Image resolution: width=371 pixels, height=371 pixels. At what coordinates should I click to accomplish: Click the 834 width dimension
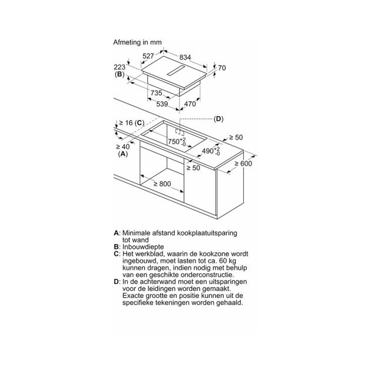pyautogui.click(x=185, y=57)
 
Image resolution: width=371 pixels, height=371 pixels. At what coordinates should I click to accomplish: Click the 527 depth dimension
pyautogui.click(x=148, y=56)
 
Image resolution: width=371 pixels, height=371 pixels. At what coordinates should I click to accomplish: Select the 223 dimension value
pyautogui.click(x=120, y=67)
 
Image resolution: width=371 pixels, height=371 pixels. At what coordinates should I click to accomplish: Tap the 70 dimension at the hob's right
pyautogui.click(x=222, y=68)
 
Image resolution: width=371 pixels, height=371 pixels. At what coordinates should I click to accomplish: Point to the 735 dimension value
pyautogui.click(x=157, y=93)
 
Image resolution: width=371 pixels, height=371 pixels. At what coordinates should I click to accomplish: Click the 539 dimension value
pyautogui.click(x=162, y=104)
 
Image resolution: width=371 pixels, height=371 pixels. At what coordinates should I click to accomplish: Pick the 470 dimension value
pyautogui.click(x=190, y=104)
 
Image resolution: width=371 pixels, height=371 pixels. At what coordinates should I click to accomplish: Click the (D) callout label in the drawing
pyautogui.click(x=218, y=119)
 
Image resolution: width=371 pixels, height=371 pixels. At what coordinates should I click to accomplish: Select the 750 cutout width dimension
pyautogui.click(x=177, y=141)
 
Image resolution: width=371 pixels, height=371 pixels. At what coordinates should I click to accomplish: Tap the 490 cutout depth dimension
pyautogui.click(x=211, y=151)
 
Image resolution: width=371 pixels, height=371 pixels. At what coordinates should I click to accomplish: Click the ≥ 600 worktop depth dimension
pyautogui.click(x=243, y=163)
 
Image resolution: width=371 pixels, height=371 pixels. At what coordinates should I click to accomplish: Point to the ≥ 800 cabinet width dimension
pyautogui.click(x=162, y=184)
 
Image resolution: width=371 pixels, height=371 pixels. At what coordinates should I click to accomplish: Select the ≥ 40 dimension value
pyautogui.click(x=123, y=147)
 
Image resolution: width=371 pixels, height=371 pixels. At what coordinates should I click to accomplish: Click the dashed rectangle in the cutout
pyautogui.click(x=180, y=132)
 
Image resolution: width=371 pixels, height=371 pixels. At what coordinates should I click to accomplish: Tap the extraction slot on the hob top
pyautogui.click(x=175, y=71)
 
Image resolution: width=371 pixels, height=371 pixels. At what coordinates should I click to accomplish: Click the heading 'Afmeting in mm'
pyautogui.click(x=137, y=42)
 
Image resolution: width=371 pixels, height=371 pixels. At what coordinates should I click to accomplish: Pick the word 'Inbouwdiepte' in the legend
pyautogui.click(x=143, y=247)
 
